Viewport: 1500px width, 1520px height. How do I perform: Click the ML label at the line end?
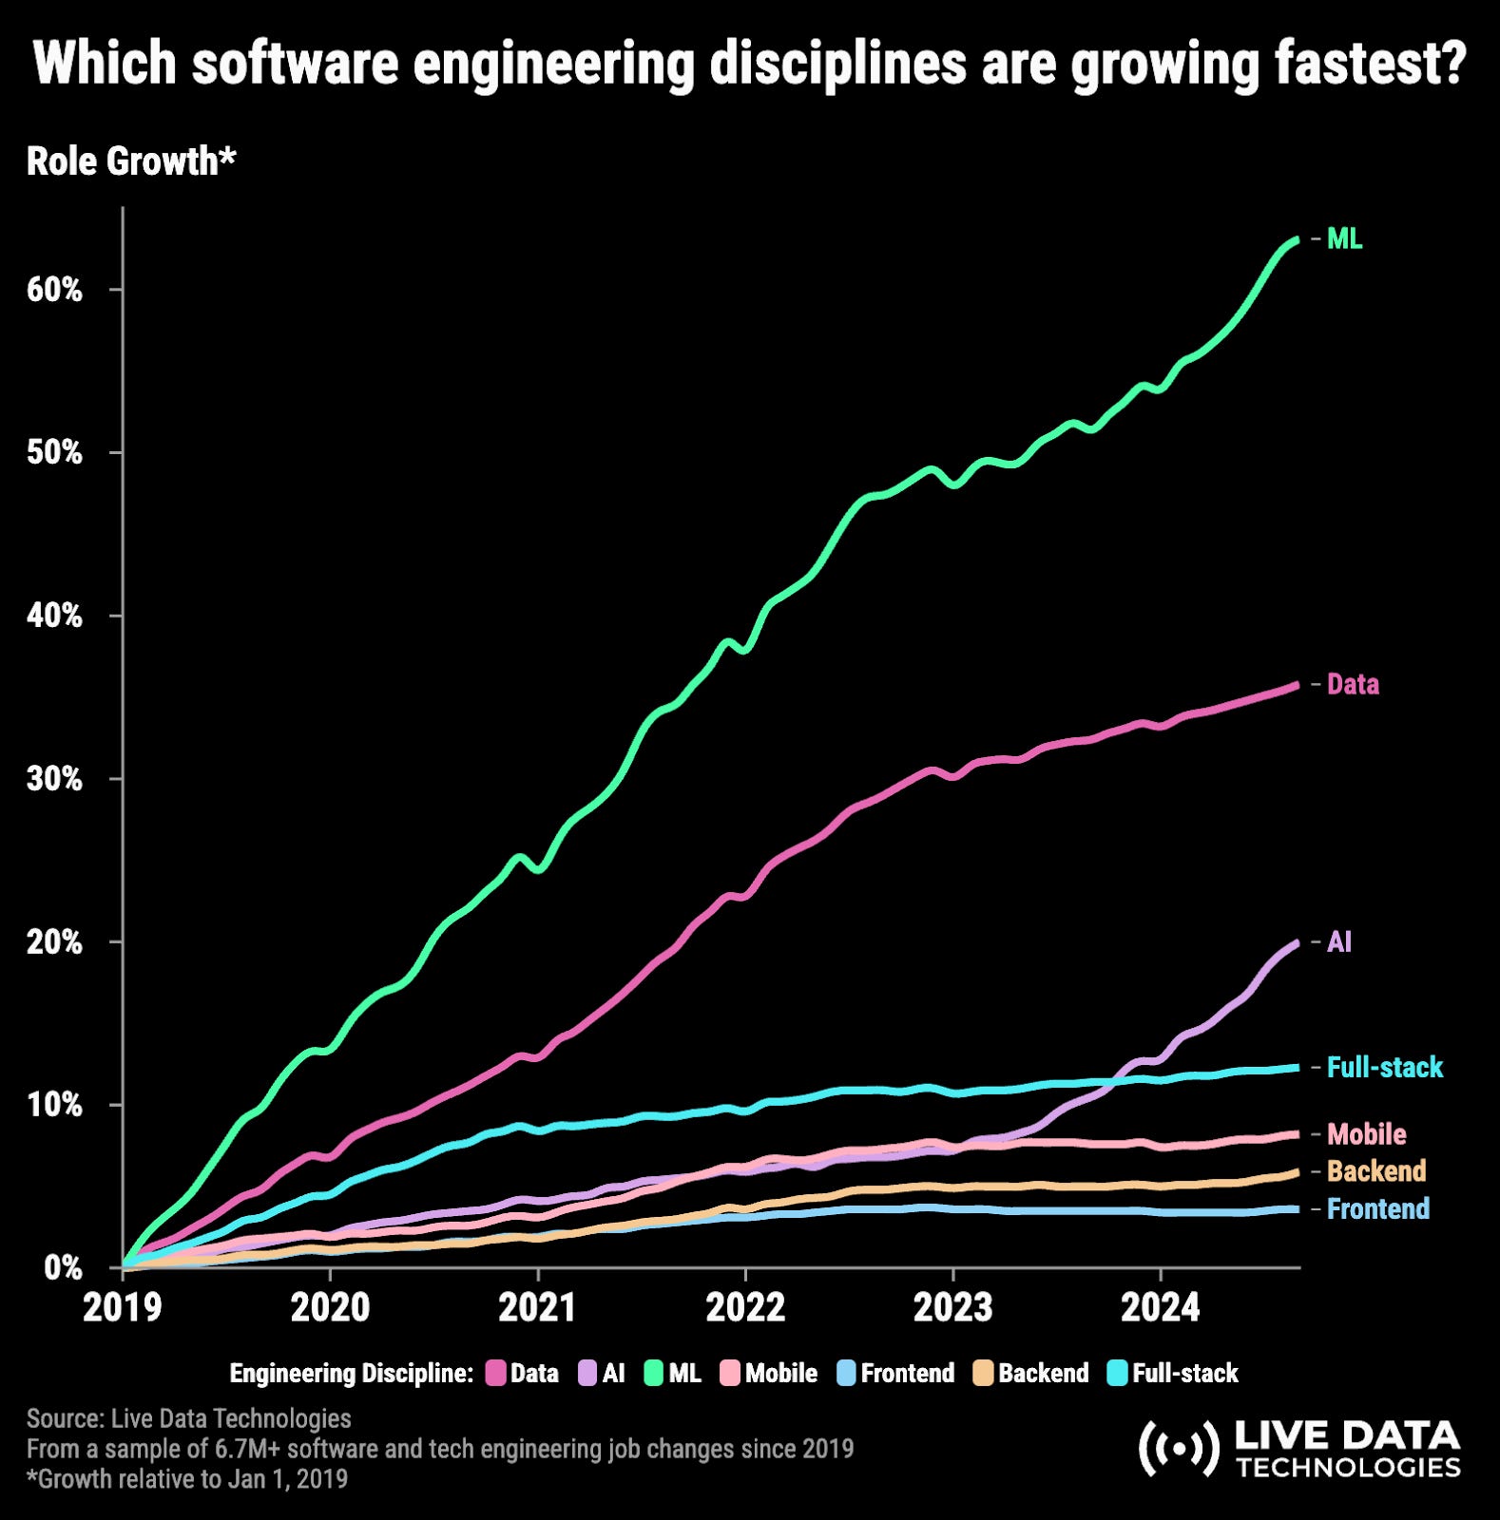(x=1344, y=239)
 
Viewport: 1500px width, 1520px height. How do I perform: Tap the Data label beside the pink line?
(x=1352, y=684)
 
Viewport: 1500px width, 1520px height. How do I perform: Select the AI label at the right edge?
(x=1338, y=941)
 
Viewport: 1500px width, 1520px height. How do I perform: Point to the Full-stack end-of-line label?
(x=1384, y=1067)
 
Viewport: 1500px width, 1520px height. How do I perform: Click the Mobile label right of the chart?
(x=1366, y=1133)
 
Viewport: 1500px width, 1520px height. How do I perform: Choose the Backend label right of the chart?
(x=1375, y=1170)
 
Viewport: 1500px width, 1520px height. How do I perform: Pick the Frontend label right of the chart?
(x=1377, y=1208)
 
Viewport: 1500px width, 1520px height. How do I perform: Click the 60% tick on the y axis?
(x=54, y=290)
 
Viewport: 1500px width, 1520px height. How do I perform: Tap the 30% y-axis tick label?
(x=54, y=779)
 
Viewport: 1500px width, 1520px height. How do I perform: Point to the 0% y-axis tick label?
(x=63, y=1268)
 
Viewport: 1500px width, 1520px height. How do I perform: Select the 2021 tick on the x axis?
(x=537, y=1308)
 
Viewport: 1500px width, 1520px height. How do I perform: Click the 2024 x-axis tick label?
(x=1160, y=1308)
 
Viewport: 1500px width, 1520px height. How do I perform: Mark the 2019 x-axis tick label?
(x=123, y=1308)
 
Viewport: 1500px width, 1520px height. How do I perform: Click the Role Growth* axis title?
(x=130, y=161)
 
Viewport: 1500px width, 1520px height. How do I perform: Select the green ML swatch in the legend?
(x=654, y=1373)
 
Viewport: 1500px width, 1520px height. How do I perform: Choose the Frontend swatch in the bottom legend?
(x=847, y=1373)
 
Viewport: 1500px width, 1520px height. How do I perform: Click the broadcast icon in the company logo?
(x=1178, y=1449)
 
